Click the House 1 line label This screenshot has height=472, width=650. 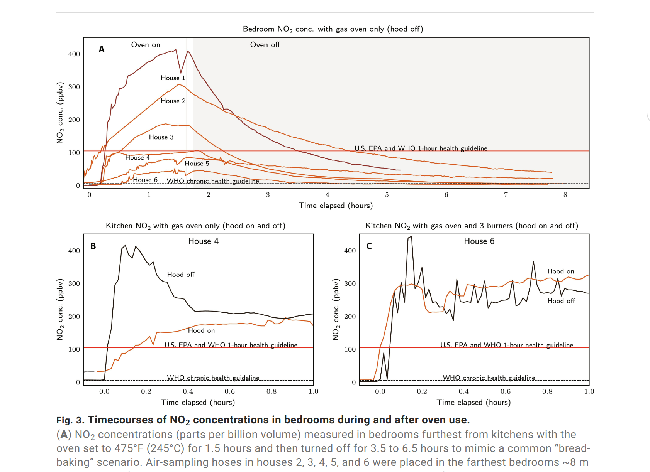(173, 78)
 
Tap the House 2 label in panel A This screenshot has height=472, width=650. (173, 101)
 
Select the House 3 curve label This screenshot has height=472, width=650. (161, 137)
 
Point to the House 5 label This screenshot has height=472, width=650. (197, 164)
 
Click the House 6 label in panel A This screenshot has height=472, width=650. (145, 180)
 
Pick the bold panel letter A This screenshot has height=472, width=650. (102, 49)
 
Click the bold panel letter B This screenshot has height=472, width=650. (93, 246)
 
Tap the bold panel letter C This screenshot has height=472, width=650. (369, 246)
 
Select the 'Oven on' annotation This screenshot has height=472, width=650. (146, 45)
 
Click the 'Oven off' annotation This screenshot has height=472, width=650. (265, 45)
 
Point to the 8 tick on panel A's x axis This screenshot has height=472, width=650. (565, 195)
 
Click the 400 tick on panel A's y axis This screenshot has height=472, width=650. (74, 54)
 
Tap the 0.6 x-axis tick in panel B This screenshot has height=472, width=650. (230, 391)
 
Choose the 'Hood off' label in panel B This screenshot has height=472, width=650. (181, 275)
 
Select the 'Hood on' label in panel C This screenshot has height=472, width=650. (561, 271)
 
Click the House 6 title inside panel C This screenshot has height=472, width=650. (479, 241)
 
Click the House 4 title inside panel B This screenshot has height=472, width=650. (203, 241)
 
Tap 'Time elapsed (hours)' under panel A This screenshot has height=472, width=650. (336, 206)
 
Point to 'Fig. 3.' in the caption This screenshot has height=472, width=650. (70, 420)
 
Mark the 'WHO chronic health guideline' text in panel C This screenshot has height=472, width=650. (489, 378)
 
